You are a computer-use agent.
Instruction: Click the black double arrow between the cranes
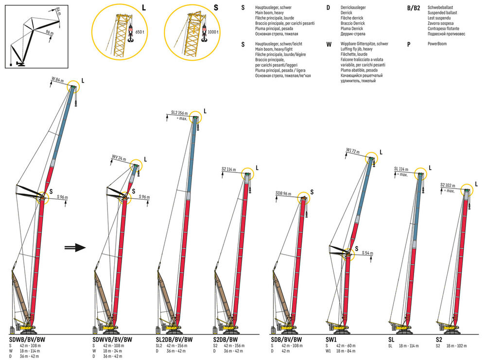[x=74, y=248]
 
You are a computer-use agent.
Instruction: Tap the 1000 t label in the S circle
[x=212, y=33]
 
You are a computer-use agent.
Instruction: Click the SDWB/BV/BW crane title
[x=28, y=339]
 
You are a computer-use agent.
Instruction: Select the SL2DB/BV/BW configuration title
[x=174, y=339]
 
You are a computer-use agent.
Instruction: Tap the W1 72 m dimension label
[x=354, y=151]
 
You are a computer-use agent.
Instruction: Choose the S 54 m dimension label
[x=368, y=253]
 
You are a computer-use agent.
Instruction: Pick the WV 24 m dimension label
[x=119, y=157]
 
